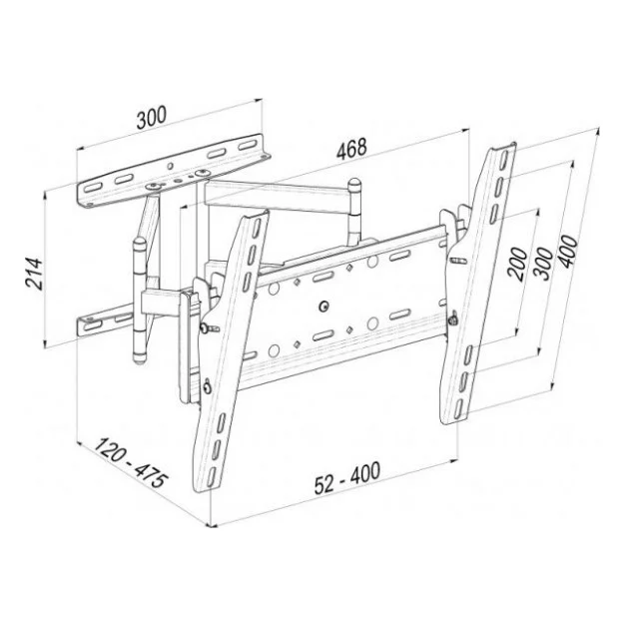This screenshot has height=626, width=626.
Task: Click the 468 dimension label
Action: [x=351, y=149]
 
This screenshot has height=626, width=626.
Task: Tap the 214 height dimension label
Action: [x=34, y=274]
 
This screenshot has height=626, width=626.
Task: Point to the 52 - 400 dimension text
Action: [x=347, y=478]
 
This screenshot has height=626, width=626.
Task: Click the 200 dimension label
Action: [x=517, y=264]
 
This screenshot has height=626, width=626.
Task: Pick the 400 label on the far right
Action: [x=567, y=252]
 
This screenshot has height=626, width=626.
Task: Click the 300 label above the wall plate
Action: [x=151, y=118]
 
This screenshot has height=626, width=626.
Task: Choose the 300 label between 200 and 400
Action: [x=543, y=265]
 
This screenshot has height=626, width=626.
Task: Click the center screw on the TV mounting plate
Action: [x=323, y=307]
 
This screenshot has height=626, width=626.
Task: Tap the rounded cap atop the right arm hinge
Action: [x=354, y=184]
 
